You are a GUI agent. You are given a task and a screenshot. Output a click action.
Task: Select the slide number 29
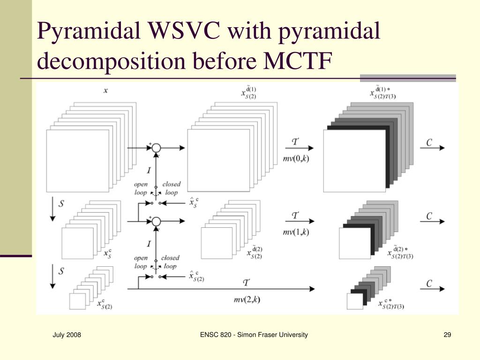tap(447, 335)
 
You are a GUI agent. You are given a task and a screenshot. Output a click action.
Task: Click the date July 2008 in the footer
tap(67, 335)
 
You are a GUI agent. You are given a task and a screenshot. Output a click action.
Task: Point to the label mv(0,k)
tap(296, 158)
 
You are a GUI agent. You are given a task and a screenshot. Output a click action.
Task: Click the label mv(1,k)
tap(296, 232)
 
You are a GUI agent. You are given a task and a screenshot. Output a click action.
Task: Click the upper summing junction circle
tap(157, 147)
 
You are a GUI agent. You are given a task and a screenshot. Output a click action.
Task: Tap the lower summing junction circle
tap(157, 221)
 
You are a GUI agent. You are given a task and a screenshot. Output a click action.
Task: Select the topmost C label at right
tap(430, 143)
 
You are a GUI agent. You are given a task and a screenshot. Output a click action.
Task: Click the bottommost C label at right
tap(430, 284)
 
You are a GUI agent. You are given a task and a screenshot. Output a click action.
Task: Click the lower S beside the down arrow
tap(61, 271)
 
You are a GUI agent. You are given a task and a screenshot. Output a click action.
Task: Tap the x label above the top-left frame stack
tap(105, 90)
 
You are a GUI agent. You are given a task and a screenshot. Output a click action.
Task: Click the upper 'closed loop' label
tap(171, 188)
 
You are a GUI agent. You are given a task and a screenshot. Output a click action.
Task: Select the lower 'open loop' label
tap(141, 262)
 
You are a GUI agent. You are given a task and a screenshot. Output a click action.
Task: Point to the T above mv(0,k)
tap(295, 141)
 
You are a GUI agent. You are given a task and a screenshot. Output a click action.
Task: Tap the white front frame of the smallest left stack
tap(77, 301)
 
